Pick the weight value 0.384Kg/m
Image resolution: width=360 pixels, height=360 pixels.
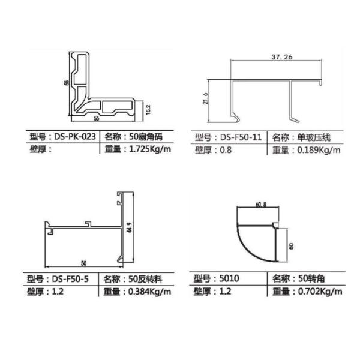pos(149,292)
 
